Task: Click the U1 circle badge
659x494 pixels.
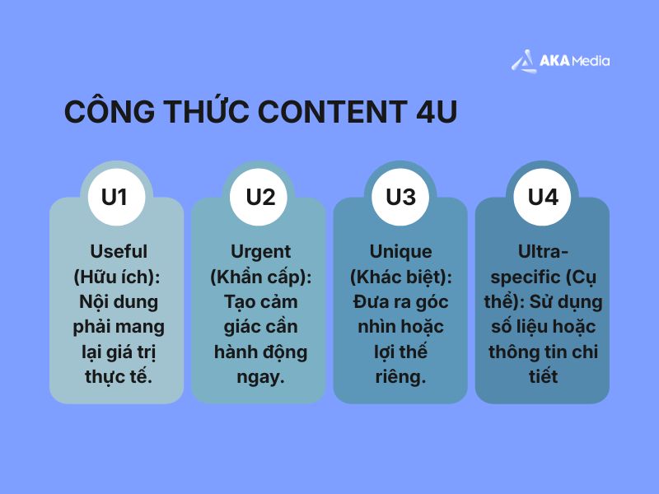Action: click(116, 198)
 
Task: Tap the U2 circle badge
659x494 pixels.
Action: click(260, 198)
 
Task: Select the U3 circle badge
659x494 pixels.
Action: click(400, 198)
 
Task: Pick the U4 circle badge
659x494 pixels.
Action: click(543, 198)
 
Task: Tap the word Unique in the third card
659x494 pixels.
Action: click(400, 252)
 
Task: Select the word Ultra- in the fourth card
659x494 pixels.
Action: click(542, 252)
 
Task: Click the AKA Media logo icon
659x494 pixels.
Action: click(522, 61)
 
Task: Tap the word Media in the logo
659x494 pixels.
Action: click(589, 61)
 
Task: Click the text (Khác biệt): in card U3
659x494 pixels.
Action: click(400, 277)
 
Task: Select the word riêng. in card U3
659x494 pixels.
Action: click(400, 377)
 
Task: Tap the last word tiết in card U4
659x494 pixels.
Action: click(542, 377)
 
